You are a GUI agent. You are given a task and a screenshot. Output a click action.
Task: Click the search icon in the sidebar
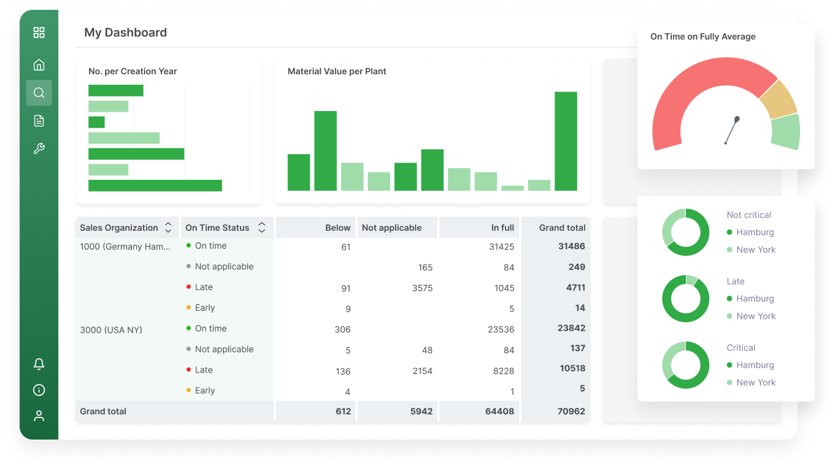(39, 93)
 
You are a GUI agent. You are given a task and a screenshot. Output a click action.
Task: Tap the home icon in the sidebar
(39, 65)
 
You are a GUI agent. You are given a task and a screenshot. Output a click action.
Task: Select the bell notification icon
(39, 364)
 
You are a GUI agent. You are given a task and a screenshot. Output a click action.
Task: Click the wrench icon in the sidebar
(39, 148)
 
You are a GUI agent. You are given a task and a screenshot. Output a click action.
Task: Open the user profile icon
(39, 416)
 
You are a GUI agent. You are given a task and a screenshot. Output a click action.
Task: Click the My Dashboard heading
(125, 33)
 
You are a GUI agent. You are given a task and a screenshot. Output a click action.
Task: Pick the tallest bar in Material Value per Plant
(566, 141)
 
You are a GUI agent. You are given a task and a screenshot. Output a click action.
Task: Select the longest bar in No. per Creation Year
(155, 185)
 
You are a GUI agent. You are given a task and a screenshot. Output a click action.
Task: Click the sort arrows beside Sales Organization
(168, 228)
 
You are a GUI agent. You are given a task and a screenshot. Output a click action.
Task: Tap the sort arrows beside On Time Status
(261, 228)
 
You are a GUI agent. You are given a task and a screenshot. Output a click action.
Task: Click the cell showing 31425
(501, 247)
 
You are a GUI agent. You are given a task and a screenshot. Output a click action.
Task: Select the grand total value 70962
(571, 411)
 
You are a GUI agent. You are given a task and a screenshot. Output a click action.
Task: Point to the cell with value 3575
(422, 288)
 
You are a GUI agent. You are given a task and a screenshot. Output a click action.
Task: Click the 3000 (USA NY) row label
(111, 330)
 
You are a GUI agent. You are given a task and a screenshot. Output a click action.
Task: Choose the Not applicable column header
(391, 228)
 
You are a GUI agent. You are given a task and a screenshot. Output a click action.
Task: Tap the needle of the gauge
(731, 131)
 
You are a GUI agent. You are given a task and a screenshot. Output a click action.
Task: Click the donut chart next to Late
(685, 298)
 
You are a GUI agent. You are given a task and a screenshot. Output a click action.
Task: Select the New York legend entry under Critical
(755, 382)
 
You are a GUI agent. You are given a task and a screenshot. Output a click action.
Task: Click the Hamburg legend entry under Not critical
(755, 232)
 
